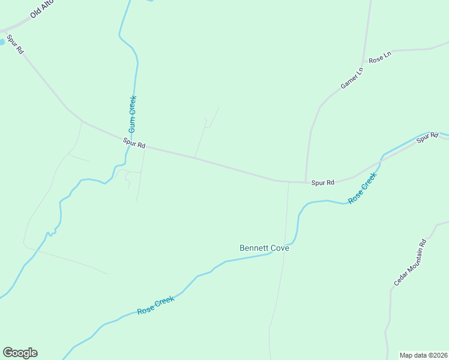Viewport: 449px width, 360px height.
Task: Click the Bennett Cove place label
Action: point(264,248)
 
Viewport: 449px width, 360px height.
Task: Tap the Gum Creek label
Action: point(133,114)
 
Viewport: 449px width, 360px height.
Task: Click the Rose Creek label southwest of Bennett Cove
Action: point(155,305)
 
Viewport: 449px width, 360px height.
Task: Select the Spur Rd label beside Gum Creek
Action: point(134,144)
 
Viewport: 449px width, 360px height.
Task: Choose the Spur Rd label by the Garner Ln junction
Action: point(322,182)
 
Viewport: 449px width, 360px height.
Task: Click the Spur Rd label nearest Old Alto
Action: point(15,45)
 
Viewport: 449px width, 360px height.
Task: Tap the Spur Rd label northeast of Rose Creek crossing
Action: point(427,137)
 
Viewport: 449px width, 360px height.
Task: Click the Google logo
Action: point(20,353)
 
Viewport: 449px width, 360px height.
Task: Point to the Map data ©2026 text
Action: point(423,355)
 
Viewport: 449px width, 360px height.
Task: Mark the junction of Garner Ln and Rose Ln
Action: point(363,62)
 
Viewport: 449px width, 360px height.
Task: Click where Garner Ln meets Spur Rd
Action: point(306,182)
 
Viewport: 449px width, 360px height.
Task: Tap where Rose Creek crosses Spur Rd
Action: point(381,161)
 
